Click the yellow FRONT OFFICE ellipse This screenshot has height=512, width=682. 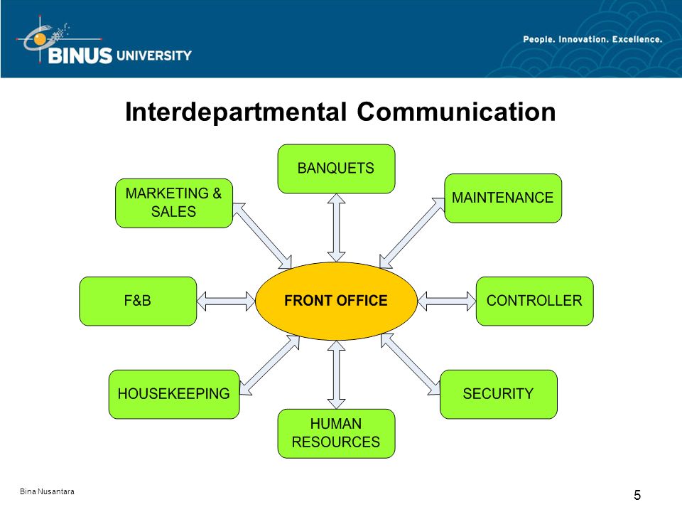(336, 301)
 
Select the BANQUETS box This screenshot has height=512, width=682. (336, 169)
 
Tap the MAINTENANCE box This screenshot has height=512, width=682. (503, 198)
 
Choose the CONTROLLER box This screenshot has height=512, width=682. (534, 301)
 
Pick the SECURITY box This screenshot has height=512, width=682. (499, 395)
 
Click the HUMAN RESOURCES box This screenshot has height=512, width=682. (336, 434)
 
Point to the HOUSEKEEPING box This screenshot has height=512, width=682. (174, 395)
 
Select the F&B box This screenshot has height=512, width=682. (138, 301)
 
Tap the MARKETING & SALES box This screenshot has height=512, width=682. (174, 203)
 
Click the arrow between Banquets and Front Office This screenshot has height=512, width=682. (336, 228)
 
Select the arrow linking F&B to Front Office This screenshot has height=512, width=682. (226, 301)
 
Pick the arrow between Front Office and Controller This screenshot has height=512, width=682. (447, 301)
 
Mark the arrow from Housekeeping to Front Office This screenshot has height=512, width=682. (270, 366)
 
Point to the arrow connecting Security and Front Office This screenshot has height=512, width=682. (410, 364)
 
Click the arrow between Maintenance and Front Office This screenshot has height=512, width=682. (412, 233)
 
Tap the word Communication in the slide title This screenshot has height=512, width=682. (456, 112)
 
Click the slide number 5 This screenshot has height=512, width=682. (637, 495)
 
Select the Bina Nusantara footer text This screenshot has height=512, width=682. (47, 491)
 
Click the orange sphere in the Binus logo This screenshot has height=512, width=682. (40, 39)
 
